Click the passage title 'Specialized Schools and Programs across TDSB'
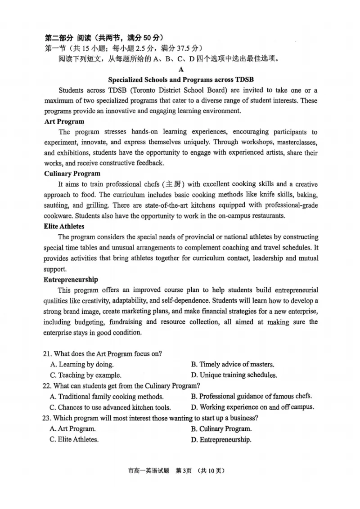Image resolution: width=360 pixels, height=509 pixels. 181,80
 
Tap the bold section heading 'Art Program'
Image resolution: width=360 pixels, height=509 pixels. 64,121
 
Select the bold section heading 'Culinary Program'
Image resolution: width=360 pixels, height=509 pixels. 72,173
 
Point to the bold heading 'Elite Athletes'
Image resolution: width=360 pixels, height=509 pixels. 64,226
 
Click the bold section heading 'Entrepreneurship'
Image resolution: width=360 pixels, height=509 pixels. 71,279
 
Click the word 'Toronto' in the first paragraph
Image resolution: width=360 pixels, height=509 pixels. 147,90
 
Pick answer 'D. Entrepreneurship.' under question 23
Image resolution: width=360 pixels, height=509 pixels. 221,440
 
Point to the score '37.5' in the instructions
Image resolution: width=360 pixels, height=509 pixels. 187,48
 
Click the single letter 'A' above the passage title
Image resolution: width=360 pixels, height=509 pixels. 181,69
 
